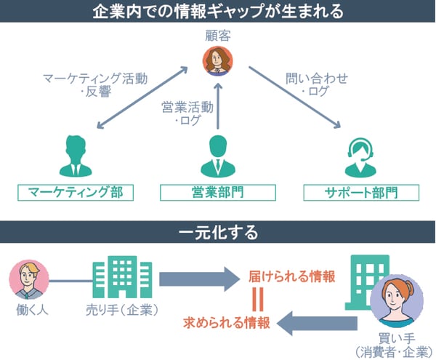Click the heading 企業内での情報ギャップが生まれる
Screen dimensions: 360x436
tap(218, 11)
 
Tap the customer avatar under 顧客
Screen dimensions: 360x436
tap(218, 60)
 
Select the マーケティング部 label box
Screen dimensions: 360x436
tap(76, 192)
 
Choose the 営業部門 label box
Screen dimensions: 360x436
tap(218, 192)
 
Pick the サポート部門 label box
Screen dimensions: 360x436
tap(360, 192)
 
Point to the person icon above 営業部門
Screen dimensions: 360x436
tap(219, 154)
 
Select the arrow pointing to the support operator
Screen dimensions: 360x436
tap(294, 98)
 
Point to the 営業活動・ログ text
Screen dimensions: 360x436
tap(187, 113)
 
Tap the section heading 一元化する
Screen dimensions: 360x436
tap(218, 233)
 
